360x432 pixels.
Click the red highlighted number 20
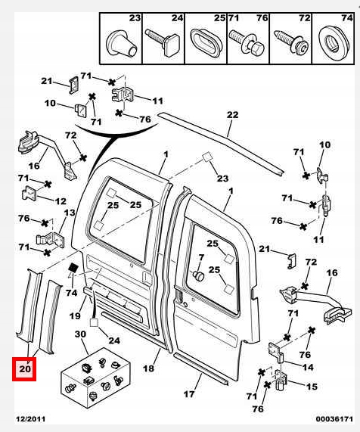[x=24, y=369]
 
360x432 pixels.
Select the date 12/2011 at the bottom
[x=30, y=419]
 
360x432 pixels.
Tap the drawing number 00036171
[x=334, y=419]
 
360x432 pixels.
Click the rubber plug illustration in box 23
[x=121, y=42]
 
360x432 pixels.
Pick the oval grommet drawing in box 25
[x=206, y=42]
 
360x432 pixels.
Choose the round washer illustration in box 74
[x=334, y=42]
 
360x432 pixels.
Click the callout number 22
[x=232, y=114]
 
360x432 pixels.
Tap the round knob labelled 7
[x=198, y=275]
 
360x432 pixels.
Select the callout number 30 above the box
[x=81, y=334]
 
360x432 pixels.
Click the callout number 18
[x=149, y=368]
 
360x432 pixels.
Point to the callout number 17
[x=189, y=394]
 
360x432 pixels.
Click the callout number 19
[x=75, y=315]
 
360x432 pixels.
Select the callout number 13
[x=70, y=213]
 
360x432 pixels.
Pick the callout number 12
[x=61, y=201]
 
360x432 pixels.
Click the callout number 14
[x=307, y=367]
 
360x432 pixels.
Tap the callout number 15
[x=312, y=387]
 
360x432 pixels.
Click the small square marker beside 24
[x=94, y=322]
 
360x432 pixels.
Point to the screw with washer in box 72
[x=291, y=42]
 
